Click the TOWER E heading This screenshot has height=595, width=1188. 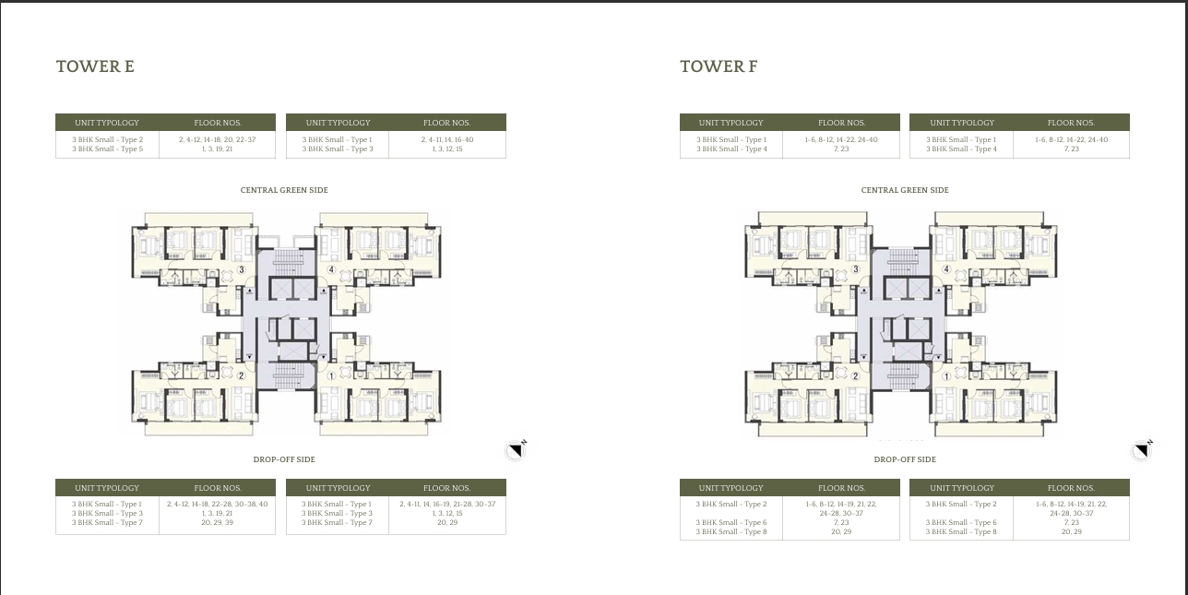point(95,66)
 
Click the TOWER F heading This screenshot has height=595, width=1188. point(719,66)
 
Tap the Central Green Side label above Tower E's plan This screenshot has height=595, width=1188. point(284,190)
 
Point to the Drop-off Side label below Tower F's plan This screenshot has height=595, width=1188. point(905,459)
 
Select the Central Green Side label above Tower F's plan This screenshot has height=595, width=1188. point(905,190)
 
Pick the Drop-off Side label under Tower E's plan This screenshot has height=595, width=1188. point(284,459)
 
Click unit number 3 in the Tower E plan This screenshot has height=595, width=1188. point(242,270)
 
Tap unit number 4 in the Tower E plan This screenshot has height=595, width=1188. point(331,270)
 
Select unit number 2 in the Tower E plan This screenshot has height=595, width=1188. point(242,375)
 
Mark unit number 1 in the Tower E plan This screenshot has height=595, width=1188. point(331,375)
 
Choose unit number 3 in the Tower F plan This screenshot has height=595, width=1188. point(856,270)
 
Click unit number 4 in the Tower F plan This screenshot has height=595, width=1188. point(946,270)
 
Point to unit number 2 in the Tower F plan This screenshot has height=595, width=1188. point(856,375)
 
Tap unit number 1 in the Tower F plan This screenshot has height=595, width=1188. point(946,375)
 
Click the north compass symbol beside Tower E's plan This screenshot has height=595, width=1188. point(516,449)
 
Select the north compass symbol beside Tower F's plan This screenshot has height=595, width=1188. point(1142,449)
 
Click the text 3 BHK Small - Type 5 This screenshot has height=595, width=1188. point(107,149)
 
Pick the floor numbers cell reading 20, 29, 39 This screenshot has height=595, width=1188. point(217,523)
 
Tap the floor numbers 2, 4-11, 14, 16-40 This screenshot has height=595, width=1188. point(447,139)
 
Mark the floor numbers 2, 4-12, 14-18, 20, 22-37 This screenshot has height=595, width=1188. point(217,139)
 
